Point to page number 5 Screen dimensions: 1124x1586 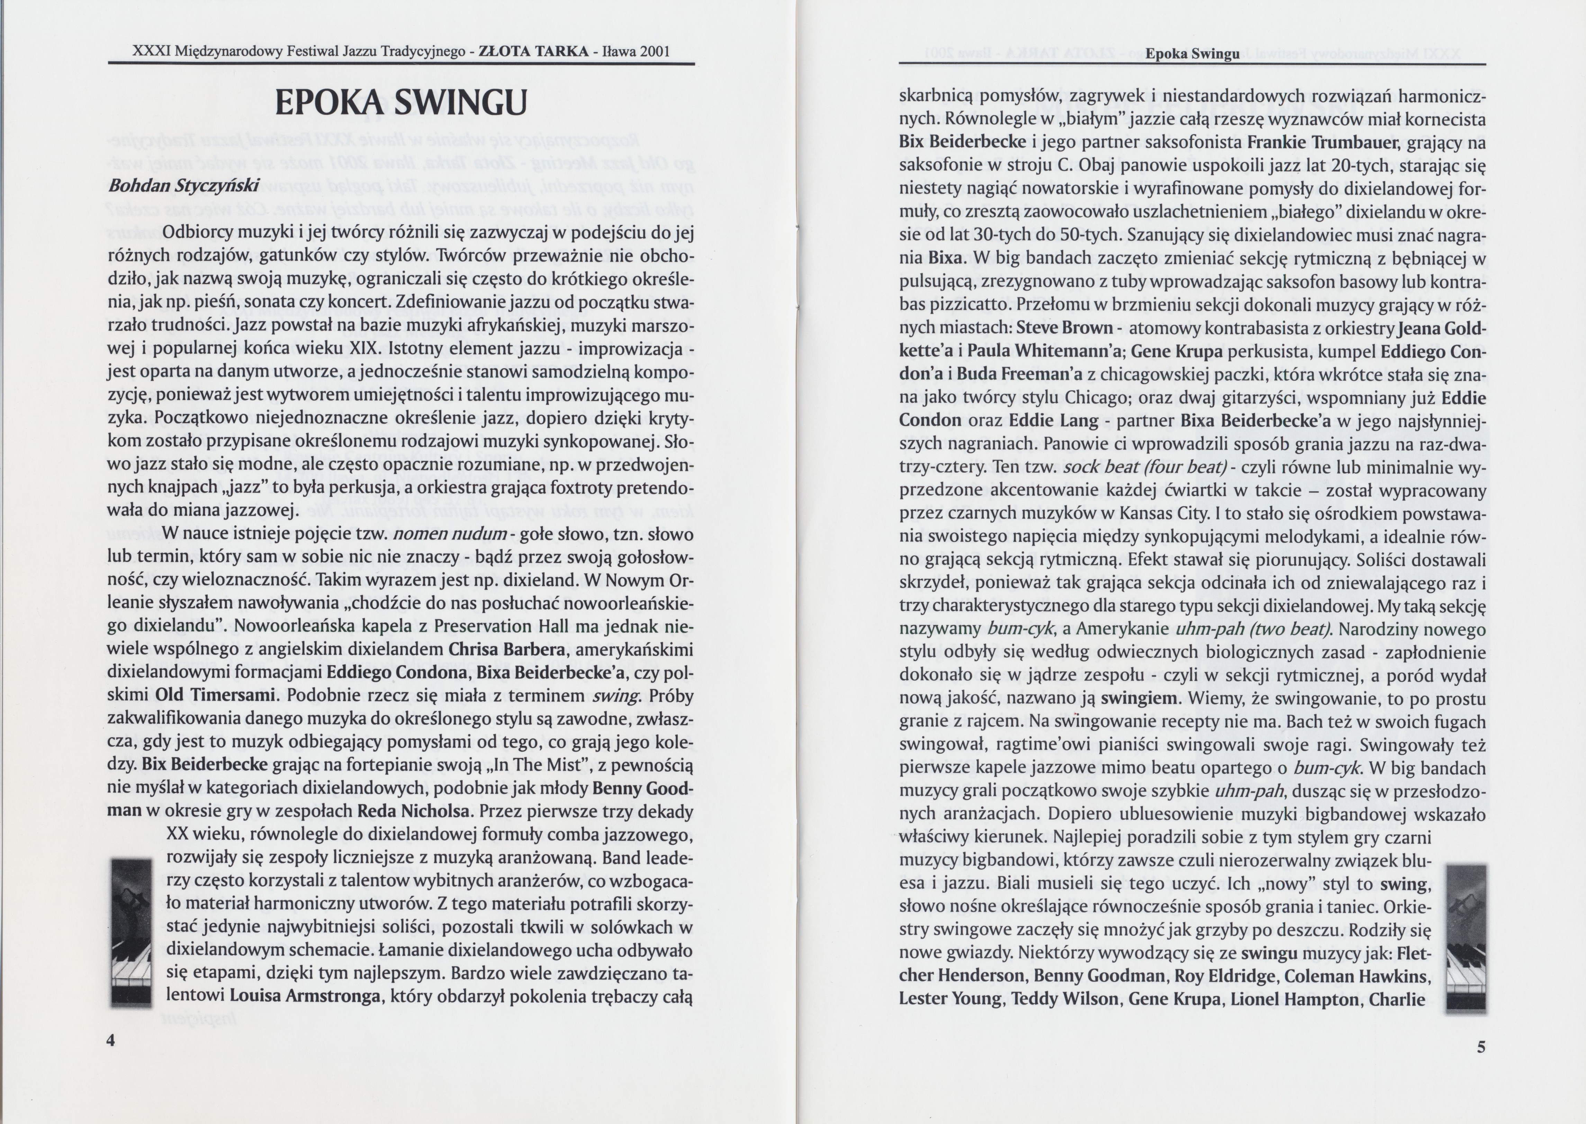pyautogui.click(x=1481, y=1046)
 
